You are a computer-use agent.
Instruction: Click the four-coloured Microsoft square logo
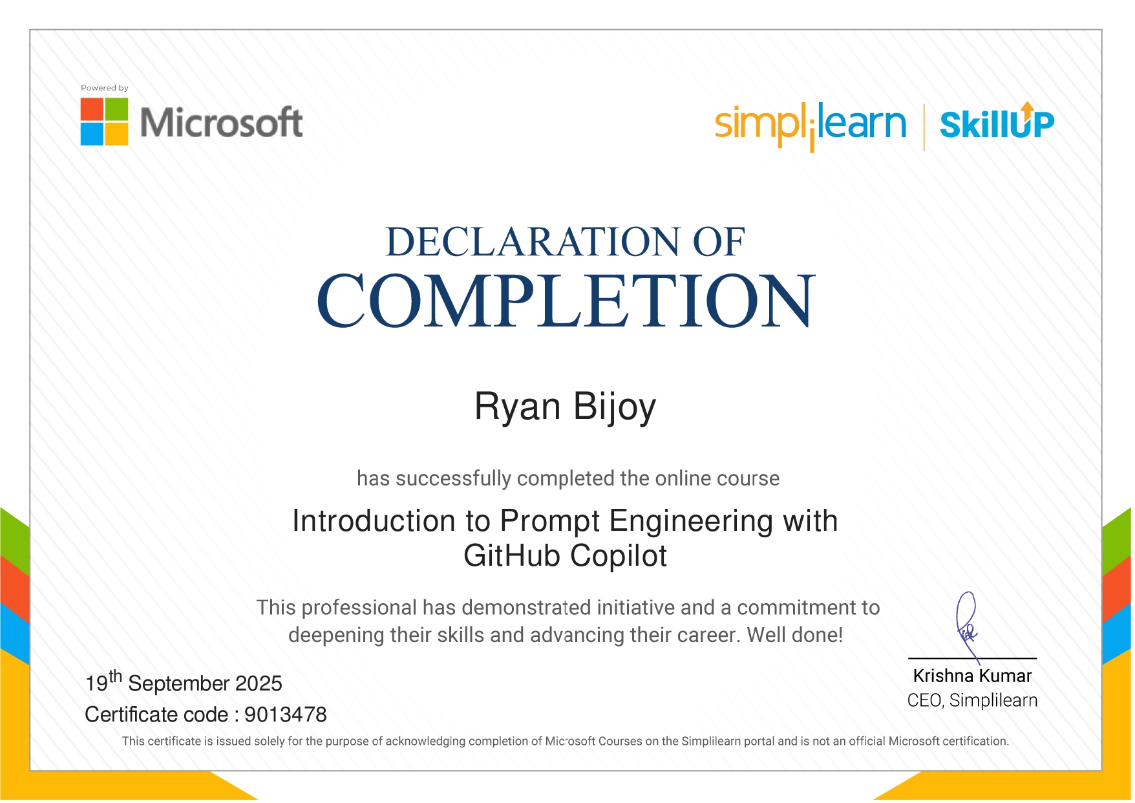(x=104, y=122)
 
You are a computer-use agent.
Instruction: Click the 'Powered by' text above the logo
(x=105, y=88)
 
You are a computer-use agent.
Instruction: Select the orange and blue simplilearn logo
(x=811, y=125)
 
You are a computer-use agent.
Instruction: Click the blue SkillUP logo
(x=997, y=122)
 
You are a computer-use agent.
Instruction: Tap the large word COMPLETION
(x=566, y=300)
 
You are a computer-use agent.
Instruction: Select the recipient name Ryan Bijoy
(x=566, y=408)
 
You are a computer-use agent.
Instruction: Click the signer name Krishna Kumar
(x=972, y=676)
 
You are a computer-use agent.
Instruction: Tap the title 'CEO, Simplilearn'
(x=972, y=700)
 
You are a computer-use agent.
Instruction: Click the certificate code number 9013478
(x=286, y=714)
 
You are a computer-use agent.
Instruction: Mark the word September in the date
(x=178, y=684)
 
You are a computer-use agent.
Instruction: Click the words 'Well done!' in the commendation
(x=795, y=635)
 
